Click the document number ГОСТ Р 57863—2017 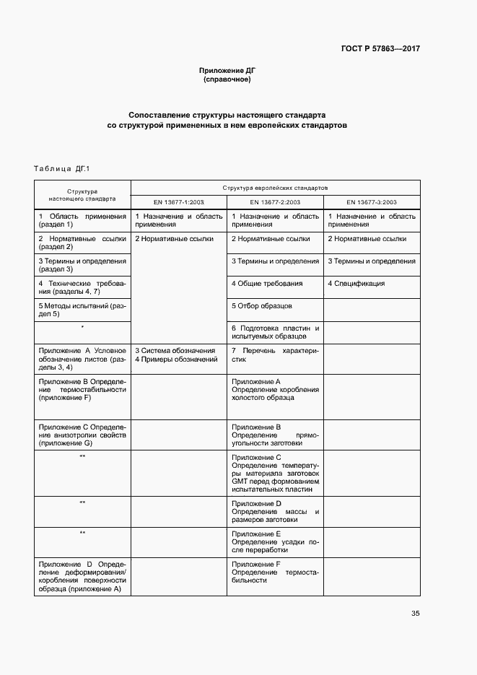point(380,49)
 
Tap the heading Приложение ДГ point(227,70)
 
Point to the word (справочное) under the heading point(227,79)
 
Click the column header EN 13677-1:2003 point(178,202)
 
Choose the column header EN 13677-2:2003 point(275,202)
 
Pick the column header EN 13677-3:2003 point(372,202)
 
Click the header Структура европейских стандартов point(275,186)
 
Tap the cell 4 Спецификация point(356,284)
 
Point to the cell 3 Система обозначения point(175,350)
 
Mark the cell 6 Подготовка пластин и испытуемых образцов point(275,332)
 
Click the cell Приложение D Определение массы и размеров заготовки point(275,511)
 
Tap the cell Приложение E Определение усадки point(275,542)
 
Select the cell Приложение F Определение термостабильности point(275,572)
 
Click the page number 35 point(415,614)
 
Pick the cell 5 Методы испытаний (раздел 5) point(82,310)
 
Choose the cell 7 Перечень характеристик point(275,354)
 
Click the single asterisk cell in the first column point(82,328)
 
